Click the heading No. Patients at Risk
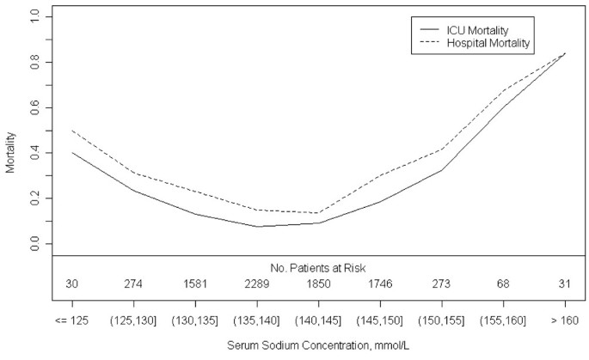coord(318,267)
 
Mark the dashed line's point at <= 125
coord(72,131)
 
